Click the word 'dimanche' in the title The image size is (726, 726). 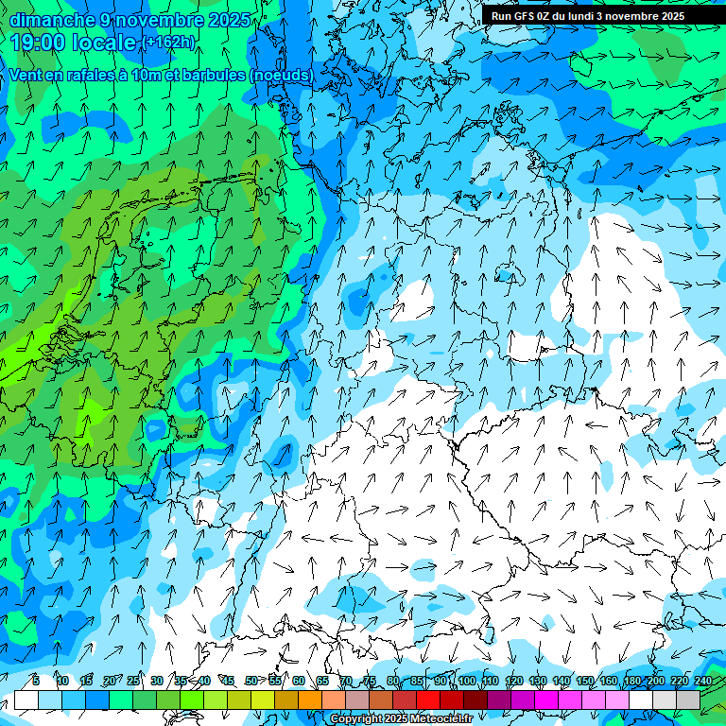click(46, 19)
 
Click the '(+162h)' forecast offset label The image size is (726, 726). click(169, 43)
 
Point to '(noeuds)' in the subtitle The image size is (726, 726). click(283, 75)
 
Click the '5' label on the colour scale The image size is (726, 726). click(35, 681)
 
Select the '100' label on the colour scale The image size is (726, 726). click(467, 681)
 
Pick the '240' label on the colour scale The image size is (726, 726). click(702, 681)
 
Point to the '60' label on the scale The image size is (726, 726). click(299, 681)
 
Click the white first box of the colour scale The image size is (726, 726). click(26, 700)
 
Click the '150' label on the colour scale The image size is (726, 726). click(585, 681)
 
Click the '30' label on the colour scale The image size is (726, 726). click(157, 681)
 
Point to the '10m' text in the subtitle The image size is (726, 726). click(143, 75)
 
